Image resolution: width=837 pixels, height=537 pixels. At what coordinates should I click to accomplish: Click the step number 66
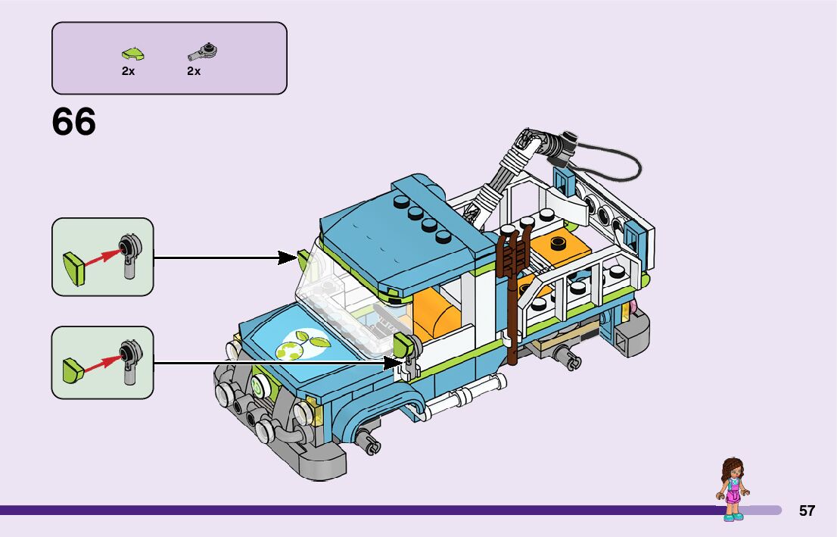tap(73, 122)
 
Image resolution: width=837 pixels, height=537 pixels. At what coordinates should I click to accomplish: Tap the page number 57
tap(807, 510)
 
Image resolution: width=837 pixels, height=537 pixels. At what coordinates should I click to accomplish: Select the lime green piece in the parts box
tap(133, 54)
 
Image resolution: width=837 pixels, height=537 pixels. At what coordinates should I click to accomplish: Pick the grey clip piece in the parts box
tap(202, 52)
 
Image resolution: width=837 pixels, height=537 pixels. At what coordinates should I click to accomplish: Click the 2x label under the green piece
tap(128, 71)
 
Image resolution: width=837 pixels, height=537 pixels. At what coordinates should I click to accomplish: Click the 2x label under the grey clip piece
tap(194, 71)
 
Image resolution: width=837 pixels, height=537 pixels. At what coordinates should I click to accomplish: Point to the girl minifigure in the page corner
tap(733, 489)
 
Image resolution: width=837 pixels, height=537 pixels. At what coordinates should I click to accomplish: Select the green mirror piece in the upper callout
tap(74, 268)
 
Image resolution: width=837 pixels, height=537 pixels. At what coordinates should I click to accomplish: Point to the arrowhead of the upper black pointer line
tap(288, 258)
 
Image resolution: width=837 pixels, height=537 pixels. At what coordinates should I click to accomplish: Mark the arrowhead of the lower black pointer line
tap(394, 363)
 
